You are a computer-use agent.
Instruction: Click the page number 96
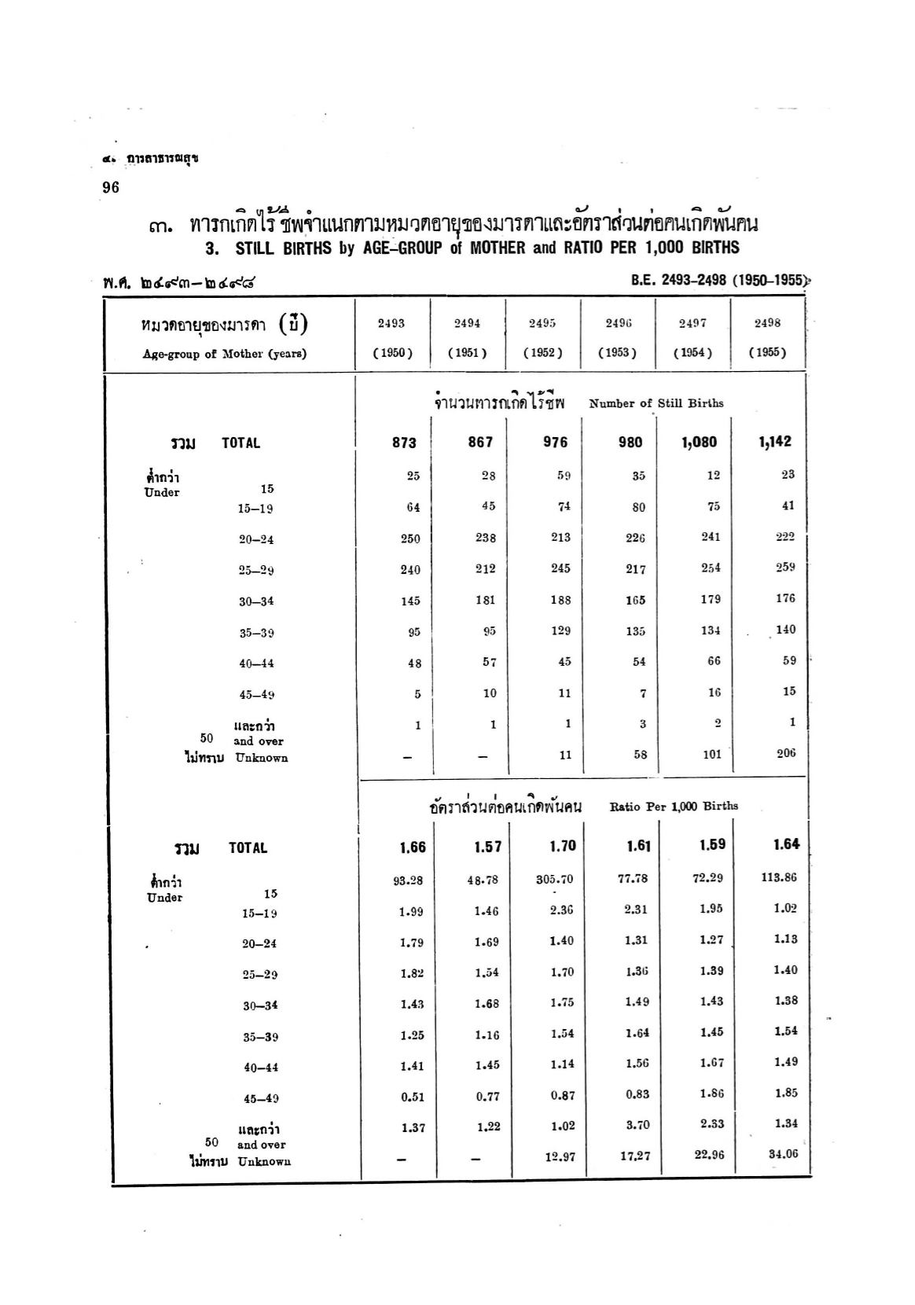110,187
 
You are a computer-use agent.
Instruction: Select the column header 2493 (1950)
392,338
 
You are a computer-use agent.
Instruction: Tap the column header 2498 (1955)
767,338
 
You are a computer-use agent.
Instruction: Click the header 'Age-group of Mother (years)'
224,354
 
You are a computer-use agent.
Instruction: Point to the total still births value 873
404,443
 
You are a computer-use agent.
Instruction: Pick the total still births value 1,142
775,442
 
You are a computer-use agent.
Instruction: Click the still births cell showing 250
410,539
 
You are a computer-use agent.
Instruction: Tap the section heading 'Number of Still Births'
656,403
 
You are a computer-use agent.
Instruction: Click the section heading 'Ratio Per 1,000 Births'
674,806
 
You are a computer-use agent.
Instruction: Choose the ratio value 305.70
555,879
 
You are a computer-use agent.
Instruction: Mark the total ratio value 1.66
413,847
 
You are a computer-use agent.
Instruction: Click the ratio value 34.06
781,1154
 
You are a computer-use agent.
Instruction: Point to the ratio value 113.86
780,877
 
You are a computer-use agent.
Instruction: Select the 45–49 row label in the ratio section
260,1099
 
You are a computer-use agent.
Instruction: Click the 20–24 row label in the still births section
256,539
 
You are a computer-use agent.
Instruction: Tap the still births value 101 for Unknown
711,754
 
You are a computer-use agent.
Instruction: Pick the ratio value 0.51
413,1097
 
